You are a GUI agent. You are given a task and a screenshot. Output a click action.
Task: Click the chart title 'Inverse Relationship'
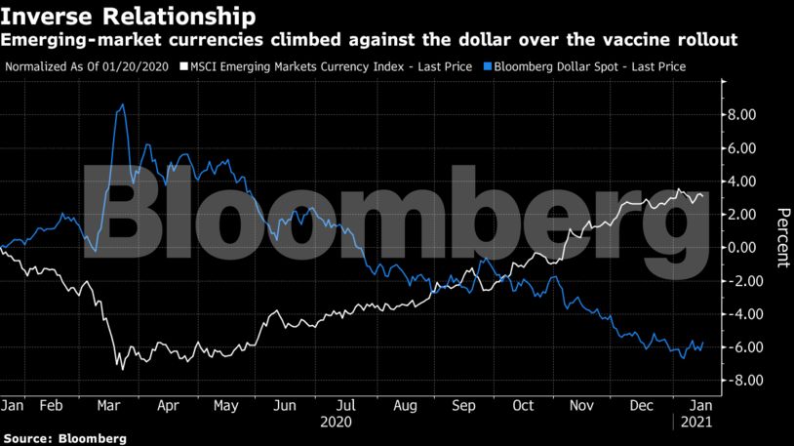click(131, 17)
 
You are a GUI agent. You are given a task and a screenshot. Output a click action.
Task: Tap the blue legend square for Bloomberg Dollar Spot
click(484, 66)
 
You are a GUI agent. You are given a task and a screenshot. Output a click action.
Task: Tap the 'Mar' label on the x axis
click(108, 404)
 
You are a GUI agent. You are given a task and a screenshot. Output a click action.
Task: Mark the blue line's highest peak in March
click(121, 104)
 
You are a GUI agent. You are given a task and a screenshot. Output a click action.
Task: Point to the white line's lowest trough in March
click(122, 368)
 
